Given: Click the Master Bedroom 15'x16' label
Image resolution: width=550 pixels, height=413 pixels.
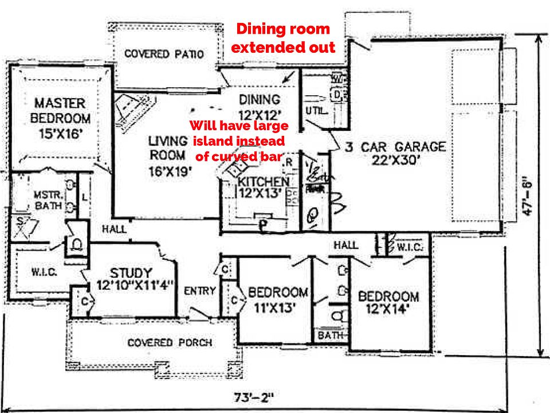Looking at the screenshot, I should [x=60, y=119].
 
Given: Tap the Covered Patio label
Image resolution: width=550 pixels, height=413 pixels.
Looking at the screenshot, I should [x=164, y=54].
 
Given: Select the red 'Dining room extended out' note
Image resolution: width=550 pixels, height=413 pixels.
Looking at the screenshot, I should [x=284, y=38].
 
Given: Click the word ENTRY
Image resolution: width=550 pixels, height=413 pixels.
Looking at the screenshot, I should [x=199, y=291].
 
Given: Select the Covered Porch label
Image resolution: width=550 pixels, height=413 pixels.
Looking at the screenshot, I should [x=170, y=342].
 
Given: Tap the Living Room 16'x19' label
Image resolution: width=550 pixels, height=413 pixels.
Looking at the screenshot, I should [x=167, y=147].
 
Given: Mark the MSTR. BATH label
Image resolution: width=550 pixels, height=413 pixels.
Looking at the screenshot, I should [x=44, y=198].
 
